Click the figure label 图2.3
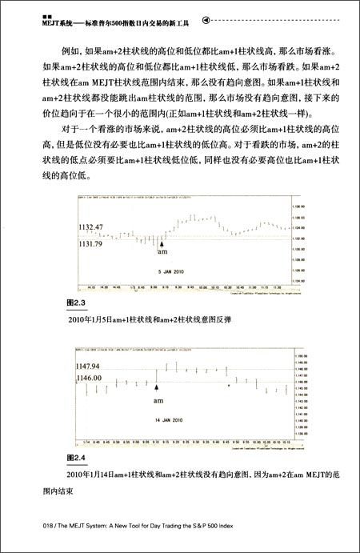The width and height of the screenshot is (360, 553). pos(78,304)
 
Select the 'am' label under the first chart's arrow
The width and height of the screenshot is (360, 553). pos(162,252)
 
